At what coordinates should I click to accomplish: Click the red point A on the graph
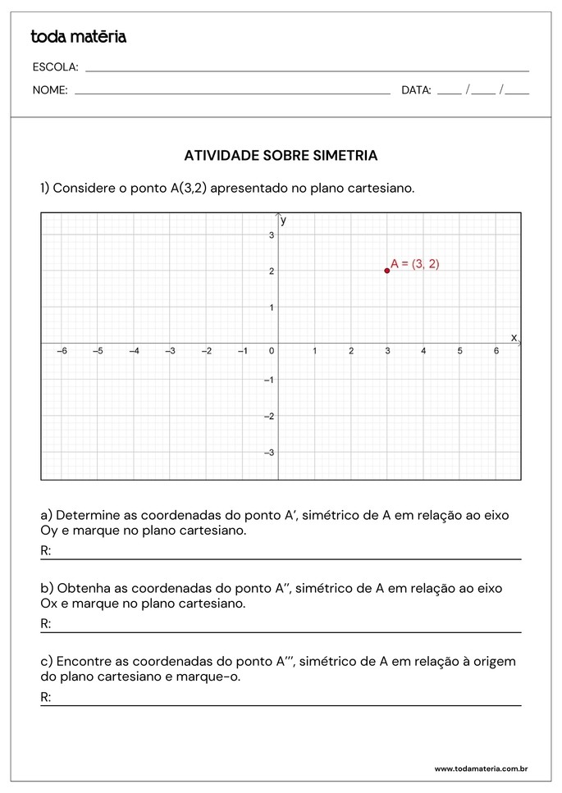click(387, 271)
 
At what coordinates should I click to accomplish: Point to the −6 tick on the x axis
click(62, 351)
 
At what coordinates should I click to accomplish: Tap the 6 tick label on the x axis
click(496, 351)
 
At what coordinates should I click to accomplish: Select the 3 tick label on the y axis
click(272, 235)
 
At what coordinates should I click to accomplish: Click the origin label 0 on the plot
click(272, 351)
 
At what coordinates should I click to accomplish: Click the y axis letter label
click(283, 221)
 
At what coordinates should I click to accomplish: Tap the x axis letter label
click(514, 337)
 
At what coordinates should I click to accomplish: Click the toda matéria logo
click(79, 37)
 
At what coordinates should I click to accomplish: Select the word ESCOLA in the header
click(55, 67)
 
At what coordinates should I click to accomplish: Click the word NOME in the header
click(50, 91)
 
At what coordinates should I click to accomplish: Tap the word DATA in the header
click(416, 91)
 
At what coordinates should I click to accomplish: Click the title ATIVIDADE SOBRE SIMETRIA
click(281, 155)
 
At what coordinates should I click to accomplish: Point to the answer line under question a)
click(283, 558)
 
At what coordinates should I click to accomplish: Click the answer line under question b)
click(283, 631)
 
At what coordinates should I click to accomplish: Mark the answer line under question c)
click(283, 704)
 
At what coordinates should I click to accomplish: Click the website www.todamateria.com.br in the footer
click(480, 768)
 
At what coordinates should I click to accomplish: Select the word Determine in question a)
click(87, 516)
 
